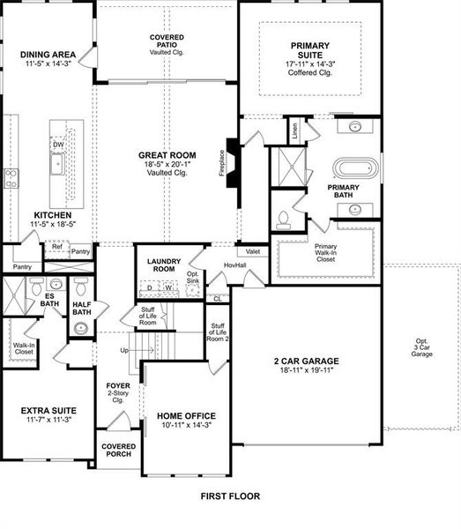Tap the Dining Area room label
48,55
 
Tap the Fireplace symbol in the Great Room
232,162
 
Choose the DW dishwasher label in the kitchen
58,144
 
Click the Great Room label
167,155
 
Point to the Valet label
253,251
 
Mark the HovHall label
234,264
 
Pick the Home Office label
185,415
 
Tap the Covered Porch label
117,451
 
